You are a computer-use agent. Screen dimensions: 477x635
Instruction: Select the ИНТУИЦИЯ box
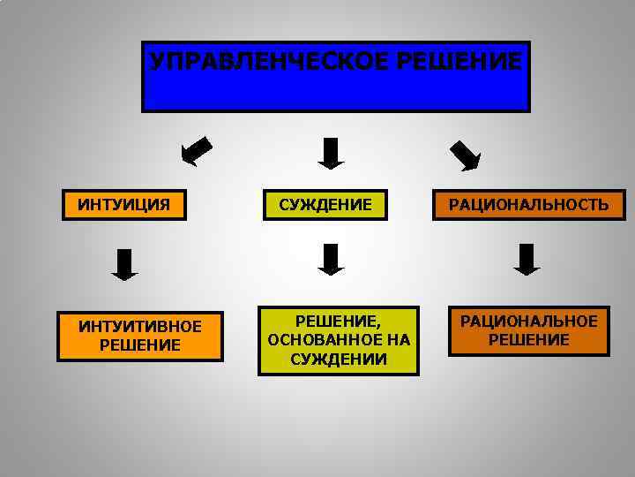coord(124,206)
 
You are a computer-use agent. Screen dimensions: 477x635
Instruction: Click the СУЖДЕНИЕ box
coord(325,206)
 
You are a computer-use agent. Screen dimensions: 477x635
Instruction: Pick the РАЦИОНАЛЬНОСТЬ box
coord(528,206)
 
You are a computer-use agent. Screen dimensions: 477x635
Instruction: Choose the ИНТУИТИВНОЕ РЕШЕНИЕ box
coord(139,336)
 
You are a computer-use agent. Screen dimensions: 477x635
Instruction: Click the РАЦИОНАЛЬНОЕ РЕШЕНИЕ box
coord(528,329)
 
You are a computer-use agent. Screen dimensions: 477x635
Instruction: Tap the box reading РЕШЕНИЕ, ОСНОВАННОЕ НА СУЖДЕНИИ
coord(339,340)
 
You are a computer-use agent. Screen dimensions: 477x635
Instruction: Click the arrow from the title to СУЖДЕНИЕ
coord(330,153)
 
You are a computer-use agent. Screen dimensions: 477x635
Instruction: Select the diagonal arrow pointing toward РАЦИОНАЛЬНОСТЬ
coord(465,154)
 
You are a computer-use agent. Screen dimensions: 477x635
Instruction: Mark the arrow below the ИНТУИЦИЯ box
coord(125,264)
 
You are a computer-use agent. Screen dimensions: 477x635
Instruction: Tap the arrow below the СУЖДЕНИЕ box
coord(330,260)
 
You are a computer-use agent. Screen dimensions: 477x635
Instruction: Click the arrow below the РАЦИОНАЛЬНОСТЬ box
coord(527,260)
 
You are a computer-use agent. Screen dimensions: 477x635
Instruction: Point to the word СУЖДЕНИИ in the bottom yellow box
coord(339,360)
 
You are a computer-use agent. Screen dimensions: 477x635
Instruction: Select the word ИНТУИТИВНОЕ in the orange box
coord(139,327)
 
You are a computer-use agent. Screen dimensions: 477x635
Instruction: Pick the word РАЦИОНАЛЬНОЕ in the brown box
coord(528,321)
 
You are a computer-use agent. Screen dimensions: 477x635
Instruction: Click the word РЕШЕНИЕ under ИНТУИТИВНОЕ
coord(139,345)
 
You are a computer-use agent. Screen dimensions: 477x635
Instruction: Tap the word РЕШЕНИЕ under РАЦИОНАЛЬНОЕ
coord(528,340)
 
